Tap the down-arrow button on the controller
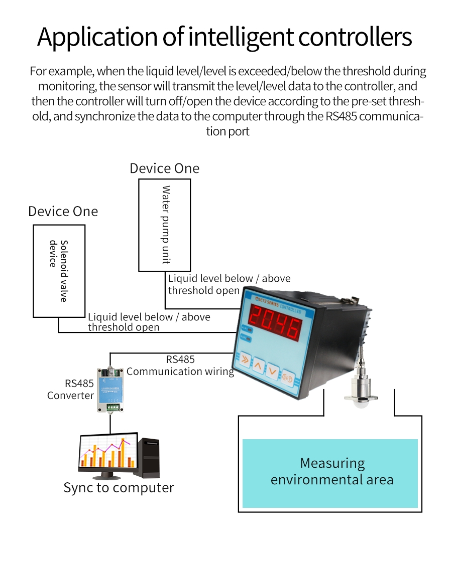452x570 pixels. pos(272,371)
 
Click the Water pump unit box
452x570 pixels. pos(165,225)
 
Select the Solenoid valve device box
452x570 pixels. pos(59,271)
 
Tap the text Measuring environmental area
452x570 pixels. pos(332,471)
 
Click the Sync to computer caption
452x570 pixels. pos(119,488)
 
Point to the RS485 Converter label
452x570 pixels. pos(71,390)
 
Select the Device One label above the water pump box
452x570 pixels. pos(164,168)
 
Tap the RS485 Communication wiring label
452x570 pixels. pos(180,365)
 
